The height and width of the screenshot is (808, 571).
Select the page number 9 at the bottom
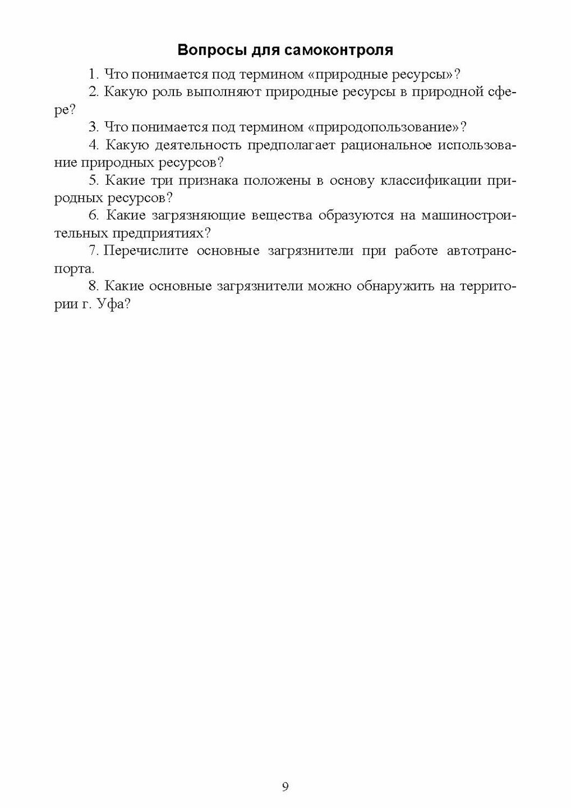point(285,787)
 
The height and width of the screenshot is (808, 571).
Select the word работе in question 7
point(416,251)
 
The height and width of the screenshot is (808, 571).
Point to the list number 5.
point(93,180)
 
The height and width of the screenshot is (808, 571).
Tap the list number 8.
point(93,286)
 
